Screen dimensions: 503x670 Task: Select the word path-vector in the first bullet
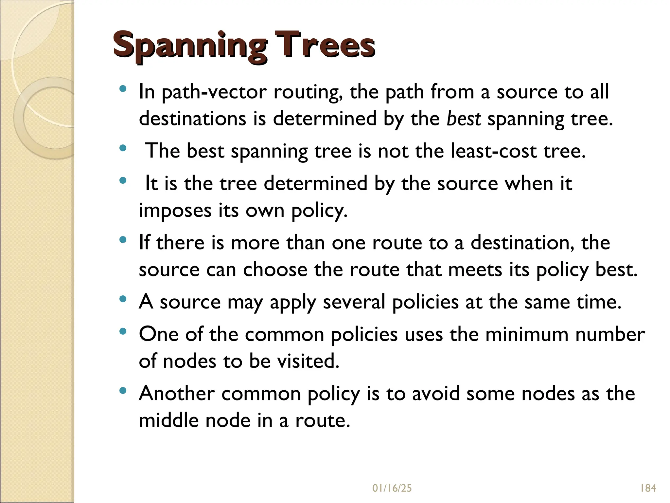point(203,92)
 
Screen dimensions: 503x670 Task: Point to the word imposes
point(175,211)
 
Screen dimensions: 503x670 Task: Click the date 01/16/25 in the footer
point(392,488)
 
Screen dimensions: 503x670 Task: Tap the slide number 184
point(648,488)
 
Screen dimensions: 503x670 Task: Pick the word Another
point(177,394)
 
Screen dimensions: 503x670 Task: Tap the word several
point(354,302)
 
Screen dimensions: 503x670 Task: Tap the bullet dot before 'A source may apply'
point(123,299)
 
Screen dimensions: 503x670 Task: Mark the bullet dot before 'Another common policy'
point(123,391)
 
